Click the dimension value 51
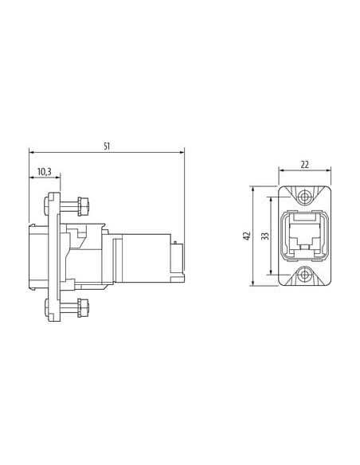click(107, 147)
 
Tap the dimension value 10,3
click(45, 171)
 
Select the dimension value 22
click(304, 165)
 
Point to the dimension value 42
click(247, 236)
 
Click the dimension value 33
click(265, 236)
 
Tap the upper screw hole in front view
click(304, 197)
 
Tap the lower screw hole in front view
click(304, 275)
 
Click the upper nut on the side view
click(83, 206)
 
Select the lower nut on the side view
click(83, 307)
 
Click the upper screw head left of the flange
click(46, 205)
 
